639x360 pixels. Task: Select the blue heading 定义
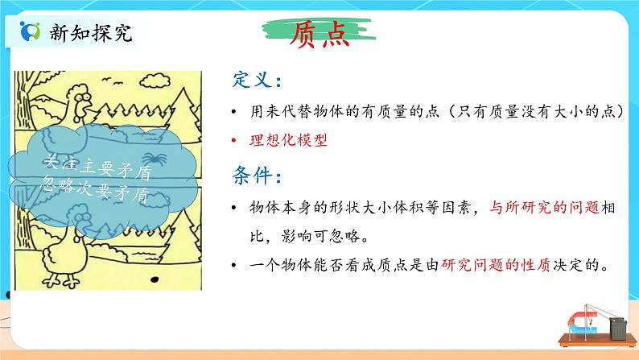[255, 81]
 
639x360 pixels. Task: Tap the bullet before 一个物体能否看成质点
[233, 264]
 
